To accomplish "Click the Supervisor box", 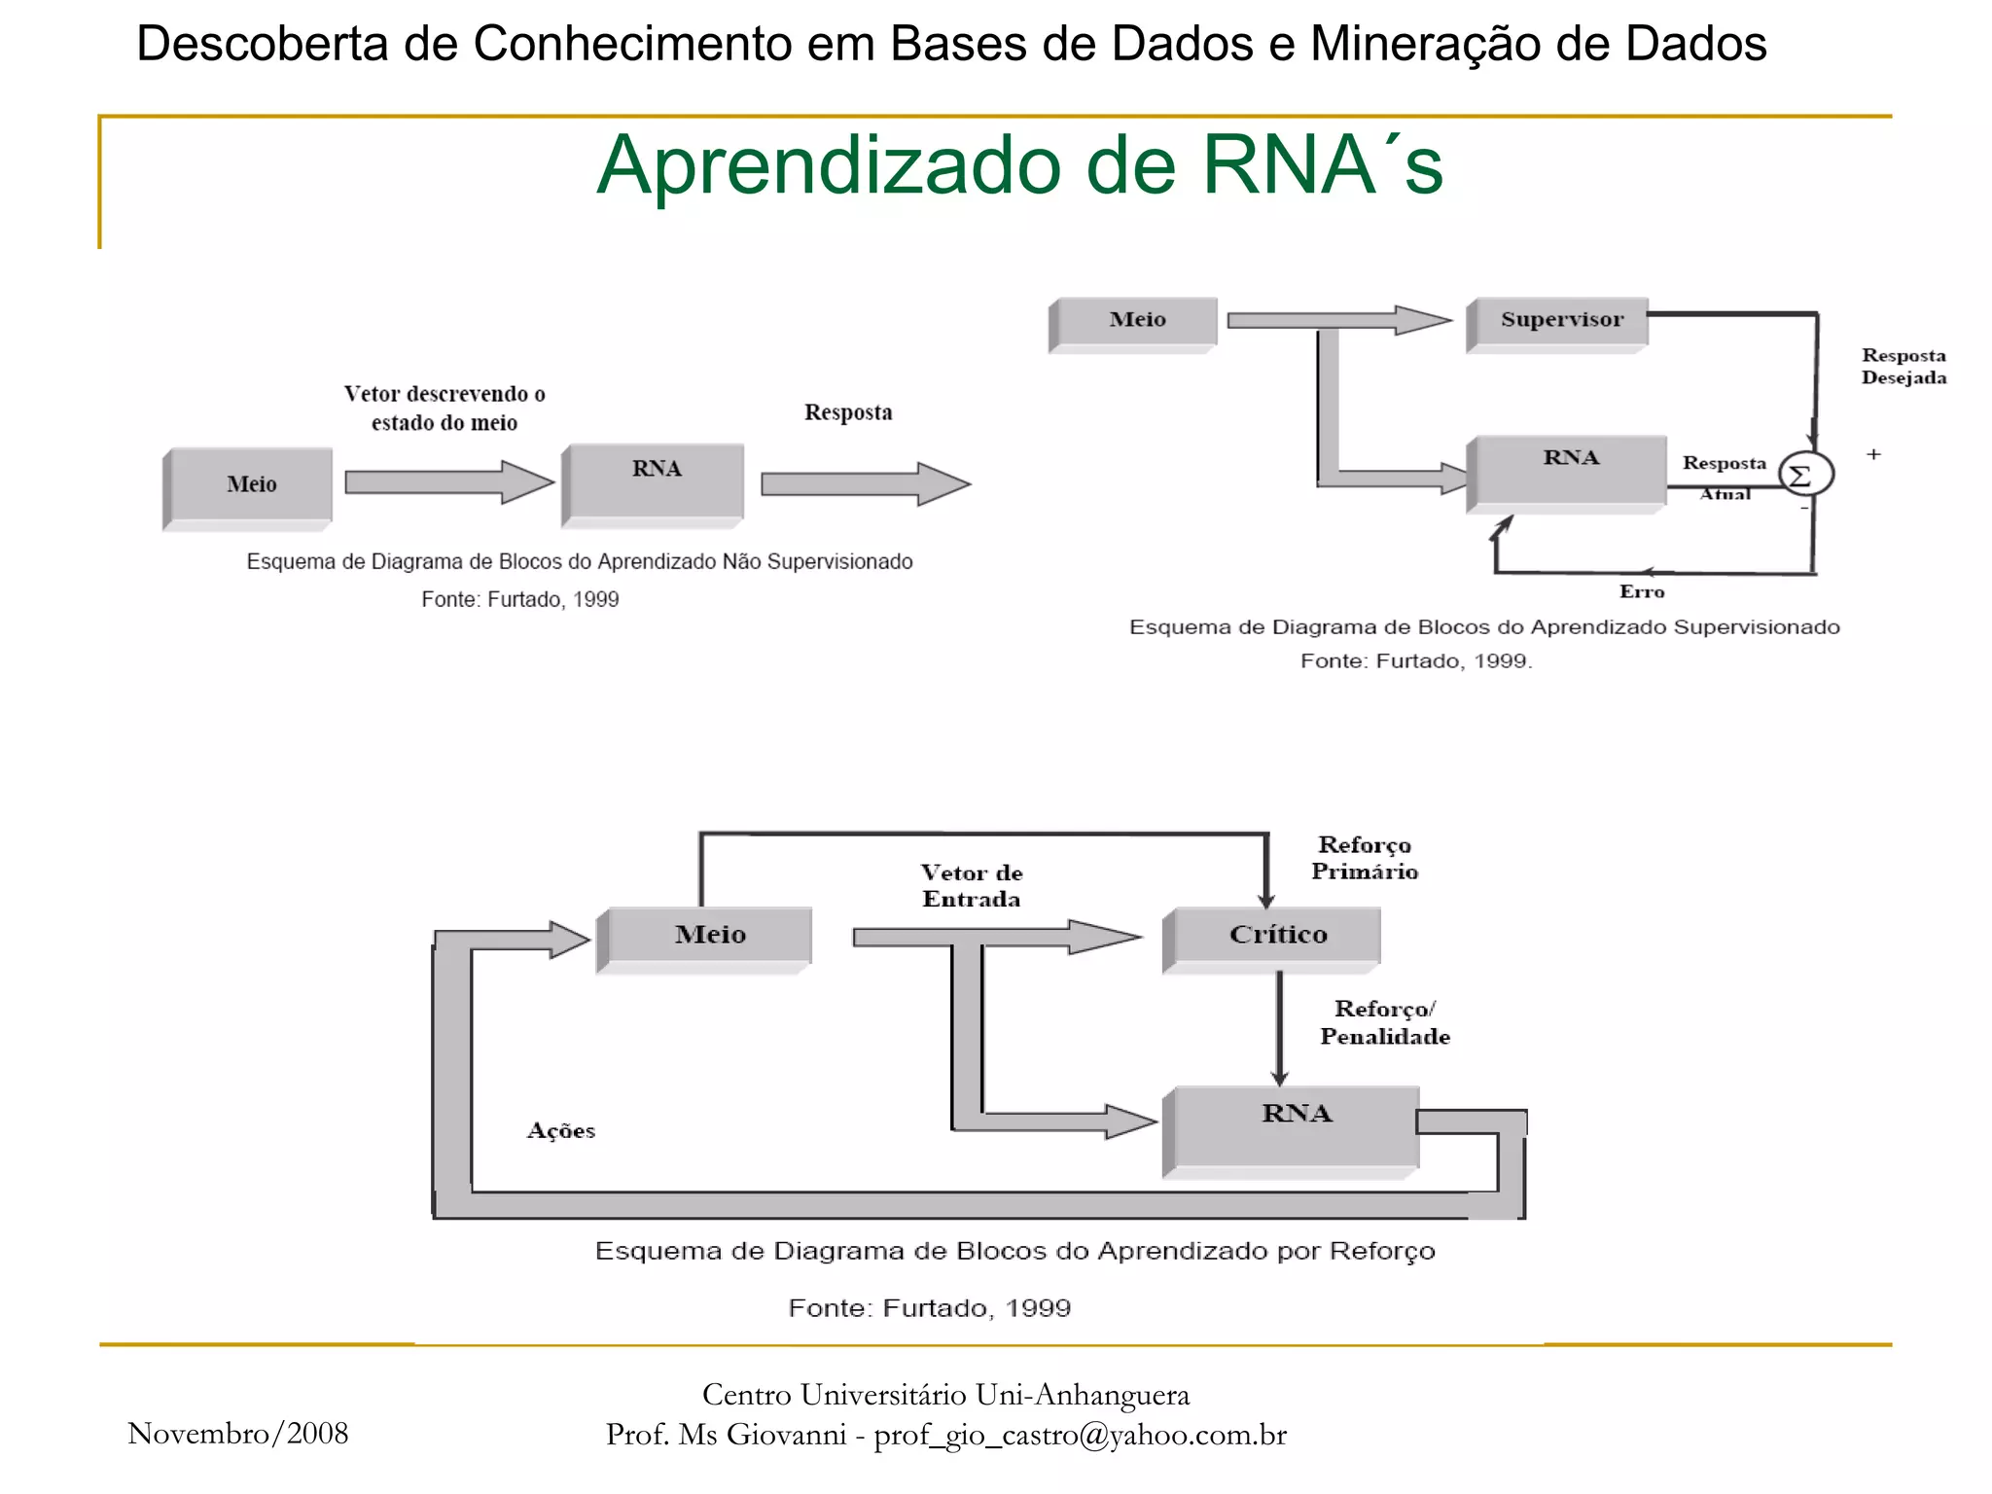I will pos(1559,322).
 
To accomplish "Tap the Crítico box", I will pos(1275,937).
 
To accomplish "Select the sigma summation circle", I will pos(1805,476).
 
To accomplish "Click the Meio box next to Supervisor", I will pos(1135,322).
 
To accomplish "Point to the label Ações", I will pos(561,1130).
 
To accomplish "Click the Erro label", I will pos(1641,591).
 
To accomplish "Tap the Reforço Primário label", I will pos(1364,858).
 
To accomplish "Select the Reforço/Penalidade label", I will pos(1384,1022).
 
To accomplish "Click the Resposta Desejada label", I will pos(1903,366).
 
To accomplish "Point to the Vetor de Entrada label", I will pos(971,885).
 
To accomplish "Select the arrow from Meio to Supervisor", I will pos(1337,320).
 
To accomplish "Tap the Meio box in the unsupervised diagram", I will pos(250,485).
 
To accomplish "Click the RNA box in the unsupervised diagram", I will pos(656,481).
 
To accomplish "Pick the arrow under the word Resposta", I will pos(865,483).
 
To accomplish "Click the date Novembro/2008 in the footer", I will pos(238,1433).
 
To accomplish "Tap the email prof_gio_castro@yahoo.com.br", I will pos(1080,1435).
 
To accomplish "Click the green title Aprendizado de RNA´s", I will pos(1019,165).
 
